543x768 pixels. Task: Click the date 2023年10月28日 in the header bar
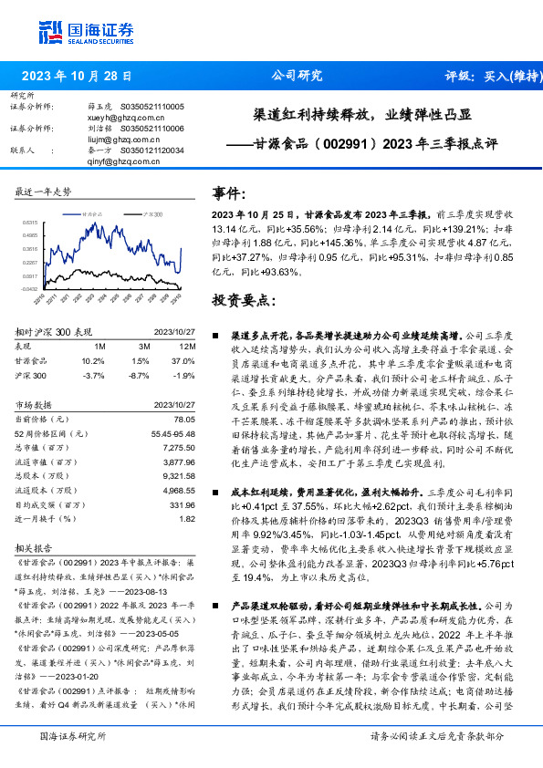(76, 76)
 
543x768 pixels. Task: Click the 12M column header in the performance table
(187, 347)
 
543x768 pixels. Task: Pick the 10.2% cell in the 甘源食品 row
(93, 360)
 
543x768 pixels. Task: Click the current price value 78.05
(183, 418)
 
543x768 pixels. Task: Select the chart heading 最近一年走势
(43, 192)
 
